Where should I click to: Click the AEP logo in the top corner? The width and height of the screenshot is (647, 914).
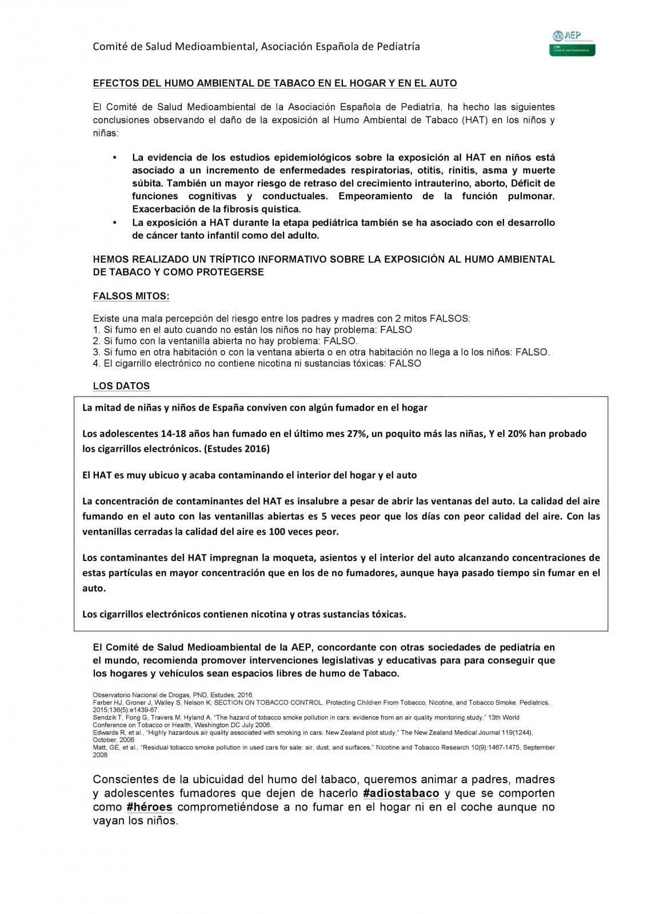[573, 43]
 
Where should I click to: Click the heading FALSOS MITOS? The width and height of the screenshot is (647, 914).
[131, 296]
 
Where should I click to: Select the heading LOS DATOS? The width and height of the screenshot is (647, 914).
[121, 386]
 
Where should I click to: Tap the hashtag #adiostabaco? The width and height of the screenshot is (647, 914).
[401, 793]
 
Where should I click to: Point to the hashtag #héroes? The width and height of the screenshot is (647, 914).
[149, 807]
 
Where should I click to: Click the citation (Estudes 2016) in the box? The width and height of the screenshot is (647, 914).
[236, 448]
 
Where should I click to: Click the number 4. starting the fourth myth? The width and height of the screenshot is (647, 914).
[97, 363]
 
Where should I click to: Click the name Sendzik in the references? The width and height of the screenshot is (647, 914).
[103, 717]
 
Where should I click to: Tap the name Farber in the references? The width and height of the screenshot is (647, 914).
[101, 702]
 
